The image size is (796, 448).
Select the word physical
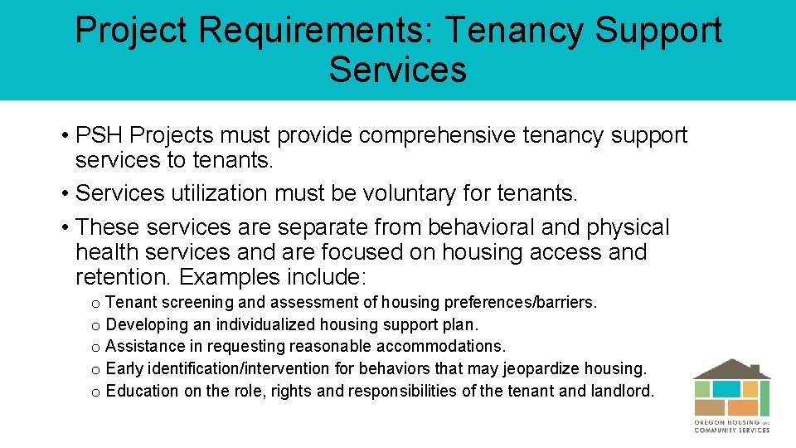(x=628, y=227)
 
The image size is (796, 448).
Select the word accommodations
(x=440, y=346)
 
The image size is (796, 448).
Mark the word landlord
(x=623, y=391)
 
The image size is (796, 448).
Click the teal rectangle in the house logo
(x=726, y=389)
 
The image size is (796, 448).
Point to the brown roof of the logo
(x=731, y=368)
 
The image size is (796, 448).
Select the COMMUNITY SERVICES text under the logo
(x=731, y=430)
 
